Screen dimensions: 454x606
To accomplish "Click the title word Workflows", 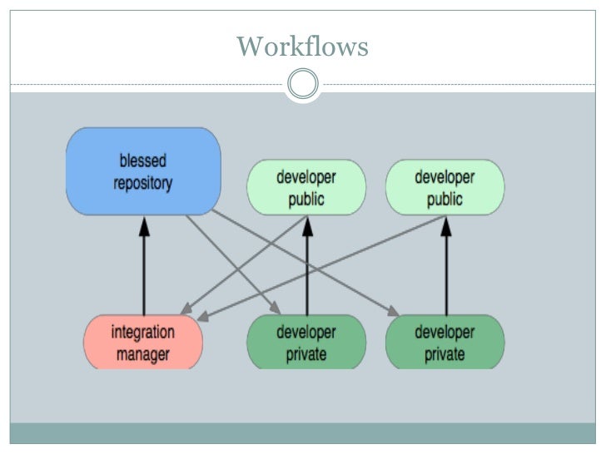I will [302, 46].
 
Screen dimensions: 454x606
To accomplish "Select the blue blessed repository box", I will [143, 170].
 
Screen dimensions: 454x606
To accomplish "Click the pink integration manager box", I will [143, 342].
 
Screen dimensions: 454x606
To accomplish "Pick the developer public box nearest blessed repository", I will [306, 187].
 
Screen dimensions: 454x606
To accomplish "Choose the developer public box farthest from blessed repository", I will [445, 187].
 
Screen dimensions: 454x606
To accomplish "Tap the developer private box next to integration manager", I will [306, 342].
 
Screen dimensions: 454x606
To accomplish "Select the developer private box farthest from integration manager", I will [445, 342].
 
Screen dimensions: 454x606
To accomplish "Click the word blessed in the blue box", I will [143, 160].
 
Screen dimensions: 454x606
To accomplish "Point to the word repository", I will [143, 181].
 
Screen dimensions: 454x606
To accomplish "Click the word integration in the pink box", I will [143, 332].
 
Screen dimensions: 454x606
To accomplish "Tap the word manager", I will [143, 353].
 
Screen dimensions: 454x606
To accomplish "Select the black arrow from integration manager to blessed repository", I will [143, 266].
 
